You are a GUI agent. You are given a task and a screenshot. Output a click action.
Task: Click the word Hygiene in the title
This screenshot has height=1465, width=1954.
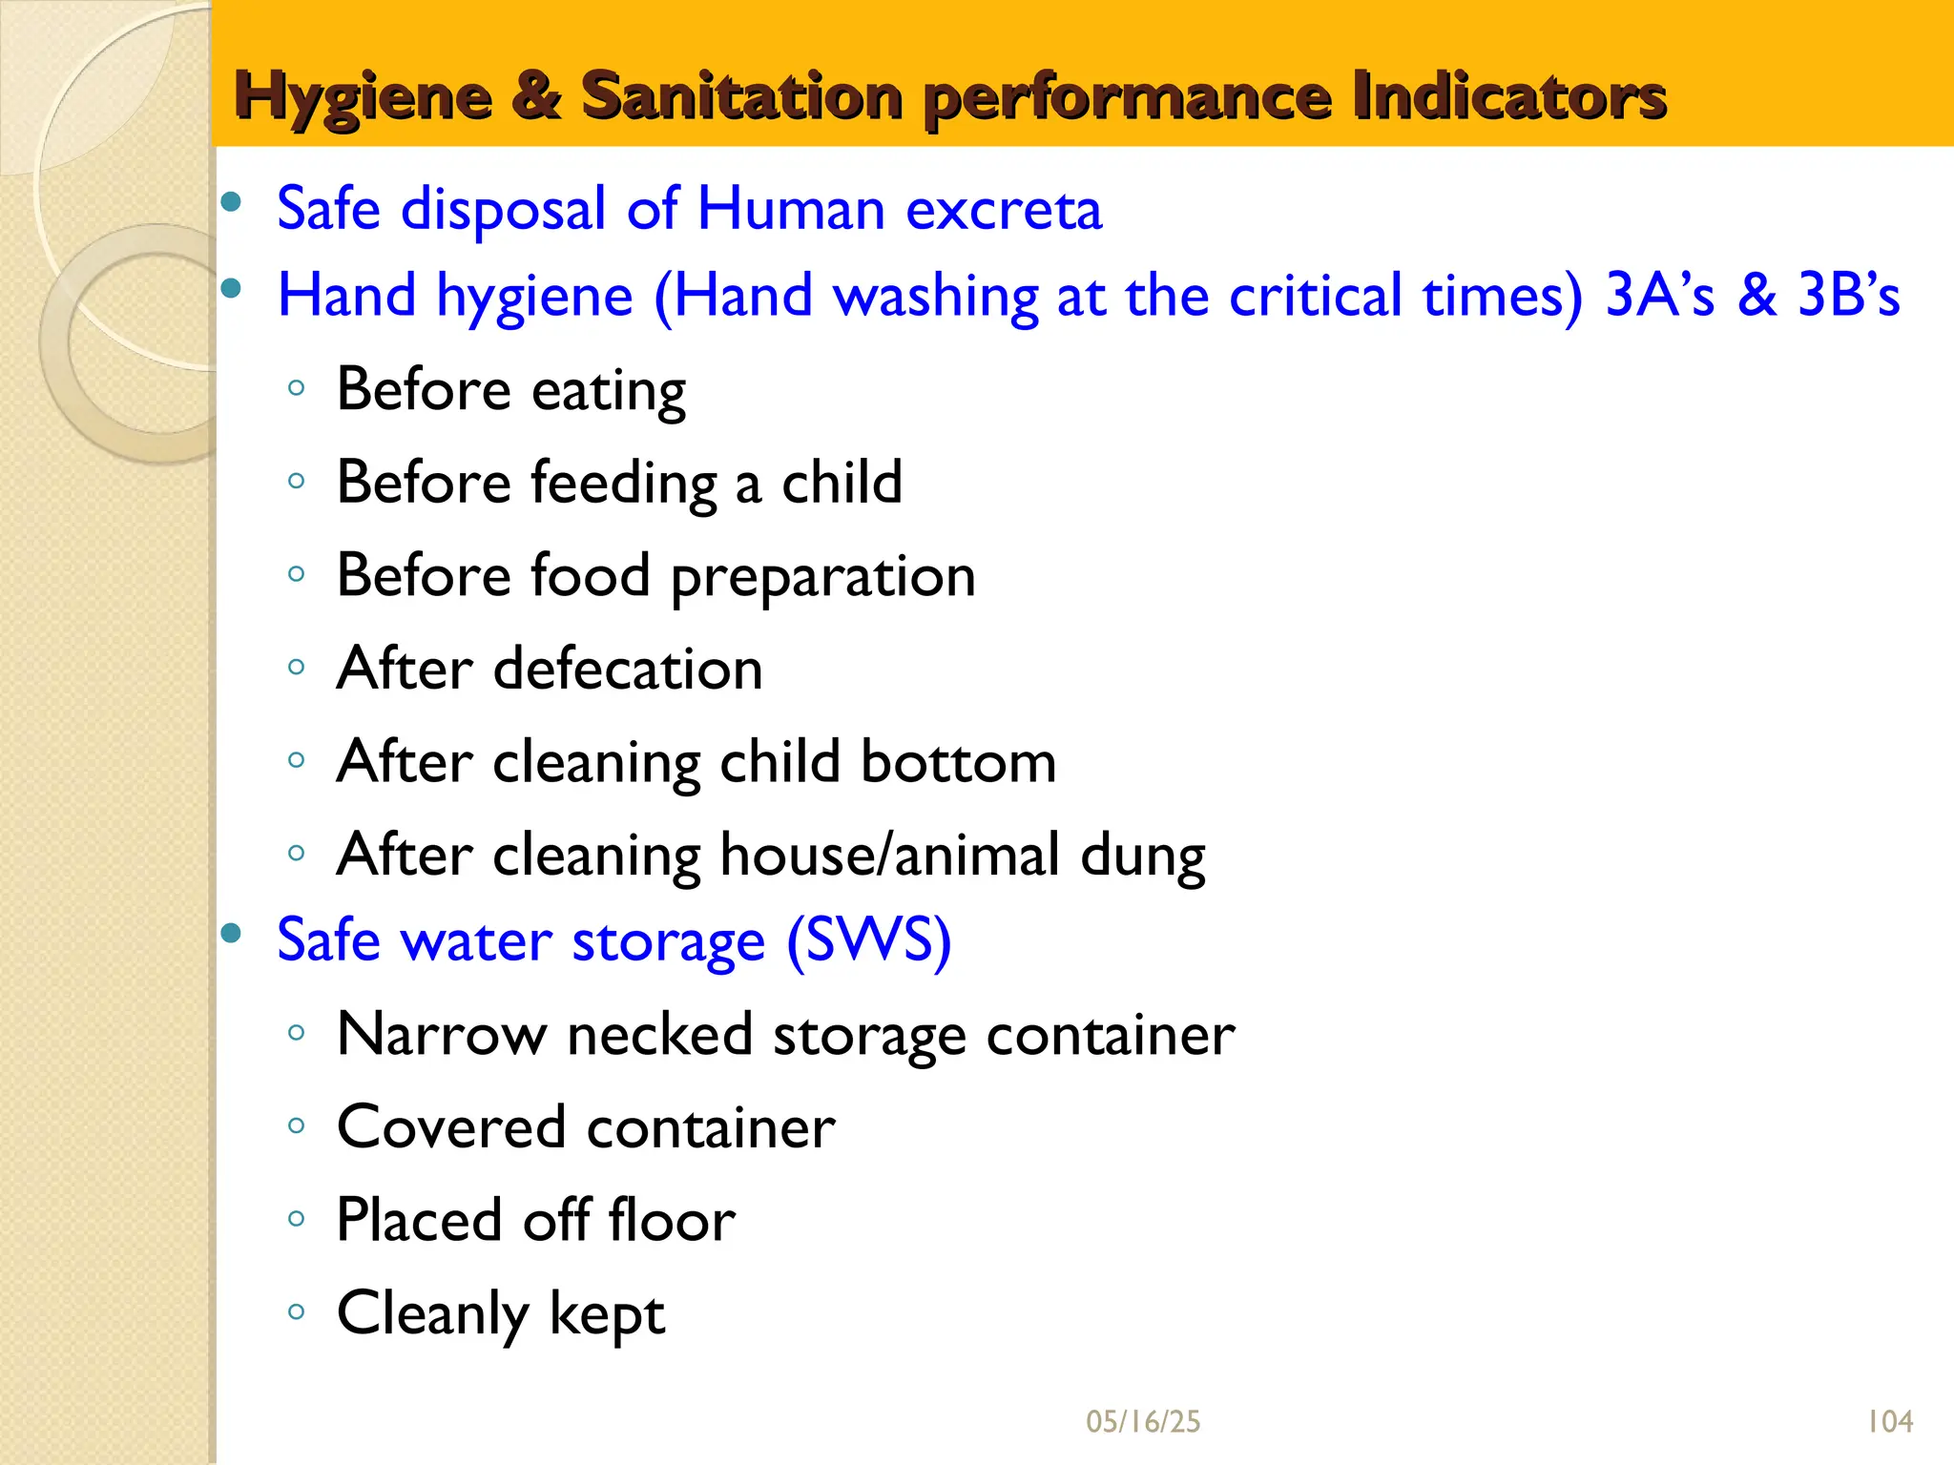point(363,98)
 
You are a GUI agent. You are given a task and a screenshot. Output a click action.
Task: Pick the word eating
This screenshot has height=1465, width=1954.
point(608,391)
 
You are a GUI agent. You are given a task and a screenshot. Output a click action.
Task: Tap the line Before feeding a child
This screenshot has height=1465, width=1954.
point(619,483)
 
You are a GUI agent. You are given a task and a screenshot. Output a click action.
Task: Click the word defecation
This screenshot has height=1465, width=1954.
point(628,669)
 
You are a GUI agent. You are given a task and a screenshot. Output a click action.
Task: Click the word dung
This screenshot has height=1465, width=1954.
point(1142,856)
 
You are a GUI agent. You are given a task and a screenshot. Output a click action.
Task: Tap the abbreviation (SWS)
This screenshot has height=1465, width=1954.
point(868,941)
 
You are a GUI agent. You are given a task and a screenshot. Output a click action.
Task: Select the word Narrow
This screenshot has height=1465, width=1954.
point(442,1034)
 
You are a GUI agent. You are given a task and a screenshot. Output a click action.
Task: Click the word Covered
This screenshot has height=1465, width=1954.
point(451,1127)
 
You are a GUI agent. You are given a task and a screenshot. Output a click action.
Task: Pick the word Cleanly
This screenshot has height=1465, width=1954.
point(432,1314)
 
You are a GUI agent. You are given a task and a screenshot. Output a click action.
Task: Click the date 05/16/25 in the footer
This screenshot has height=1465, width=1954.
point(1143,1422)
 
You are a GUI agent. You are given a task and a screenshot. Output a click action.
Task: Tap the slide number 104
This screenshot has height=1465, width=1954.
point(1889,1422)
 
